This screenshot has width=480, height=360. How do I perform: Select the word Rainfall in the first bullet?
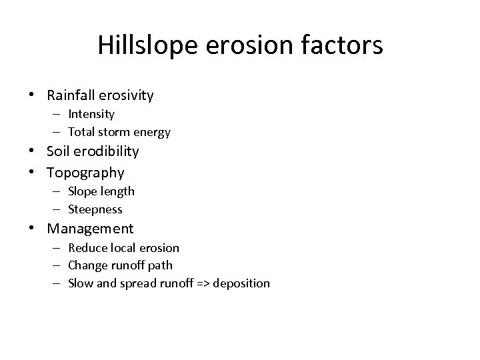pos(71,95)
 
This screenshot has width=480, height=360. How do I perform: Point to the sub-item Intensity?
pos(91,114)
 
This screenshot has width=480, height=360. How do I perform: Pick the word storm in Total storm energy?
pos(117,132)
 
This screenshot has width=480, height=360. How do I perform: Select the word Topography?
pos(85,173)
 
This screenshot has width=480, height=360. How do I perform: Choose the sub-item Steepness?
pos(95,209)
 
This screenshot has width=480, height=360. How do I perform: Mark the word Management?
pos(90,229)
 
